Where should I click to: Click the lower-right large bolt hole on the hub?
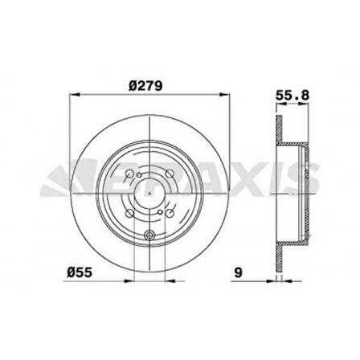pyautogui.click(x=170, y=211)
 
